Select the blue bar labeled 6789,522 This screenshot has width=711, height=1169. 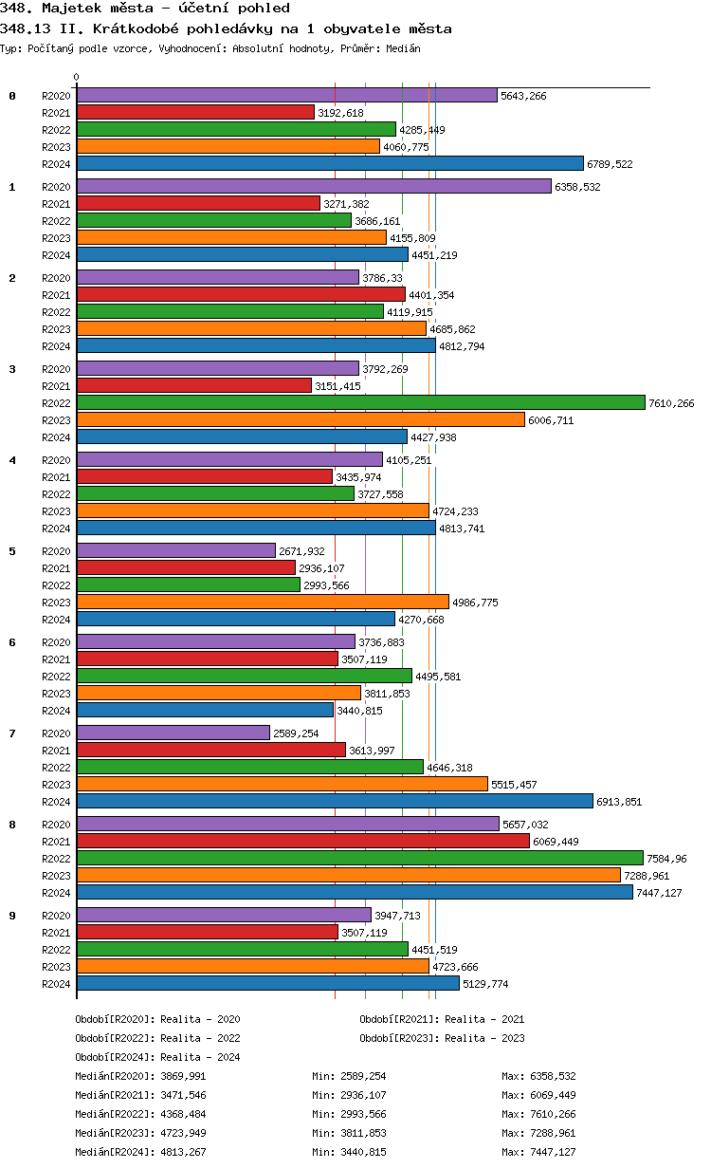coord(330,163)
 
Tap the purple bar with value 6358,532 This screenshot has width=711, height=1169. coord(313,187)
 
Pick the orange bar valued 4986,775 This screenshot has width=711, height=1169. coord(263,602)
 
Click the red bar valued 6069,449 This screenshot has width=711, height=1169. coord(302,841)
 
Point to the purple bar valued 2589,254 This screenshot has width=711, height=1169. coord(173,733)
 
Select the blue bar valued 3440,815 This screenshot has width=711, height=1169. coord(205,710)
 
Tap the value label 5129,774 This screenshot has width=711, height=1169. coord(485,984)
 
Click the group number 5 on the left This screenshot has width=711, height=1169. coord(12,551)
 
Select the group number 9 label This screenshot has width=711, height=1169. coord(12,916)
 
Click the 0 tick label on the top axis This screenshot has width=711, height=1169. coord(77,78)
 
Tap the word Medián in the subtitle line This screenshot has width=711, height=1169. coord(403,48)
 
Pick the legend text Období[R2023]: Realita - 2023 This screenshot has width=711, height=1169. coord(442,1038)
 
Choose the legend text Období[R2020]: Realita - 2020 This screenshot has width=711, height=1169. coord(157,1019)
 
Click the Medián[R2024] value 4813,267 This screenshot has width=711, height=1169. coord(185,1152)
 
